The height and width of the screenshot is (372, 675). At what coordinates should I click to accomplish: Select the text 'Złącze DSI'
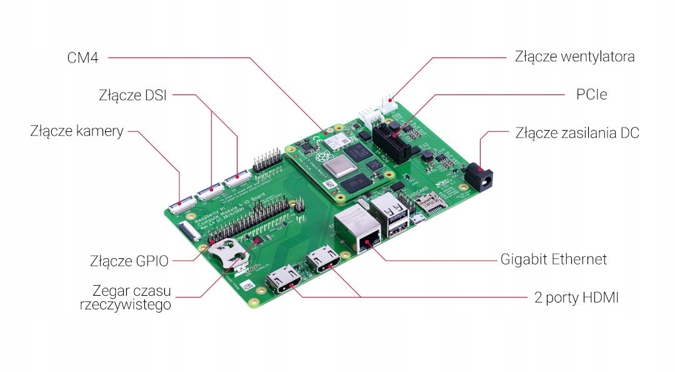pos(132,96)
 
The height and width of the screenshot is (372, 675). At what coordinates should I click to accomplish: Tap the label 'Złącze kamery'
pos(76,132)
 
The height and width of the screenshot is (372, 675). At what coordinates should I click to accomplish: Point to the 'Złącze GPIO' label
pos(129,261)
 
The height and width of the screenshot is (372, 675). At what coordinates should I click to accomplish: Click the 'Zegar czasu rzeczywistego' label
pos(131,298)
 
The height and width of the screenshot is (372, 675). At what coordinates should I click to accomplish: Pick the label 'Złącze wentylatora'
pos(574,56)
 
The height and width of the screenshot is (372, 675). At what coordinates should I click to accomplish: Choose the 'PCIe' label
pos(591,94)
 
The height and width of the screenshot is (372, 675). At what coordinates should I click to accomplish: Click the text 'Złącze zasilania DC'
pos(577,133)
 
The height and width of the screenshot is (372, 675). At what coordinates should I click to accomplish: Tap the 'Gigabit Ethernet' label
pos(554,259)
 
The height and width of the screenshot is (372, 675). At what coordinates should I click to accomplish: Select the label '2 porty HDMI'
pos(576,298)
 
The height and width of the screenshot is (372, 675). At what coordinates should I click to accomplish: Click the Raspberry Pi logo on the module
pos(323,157)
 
